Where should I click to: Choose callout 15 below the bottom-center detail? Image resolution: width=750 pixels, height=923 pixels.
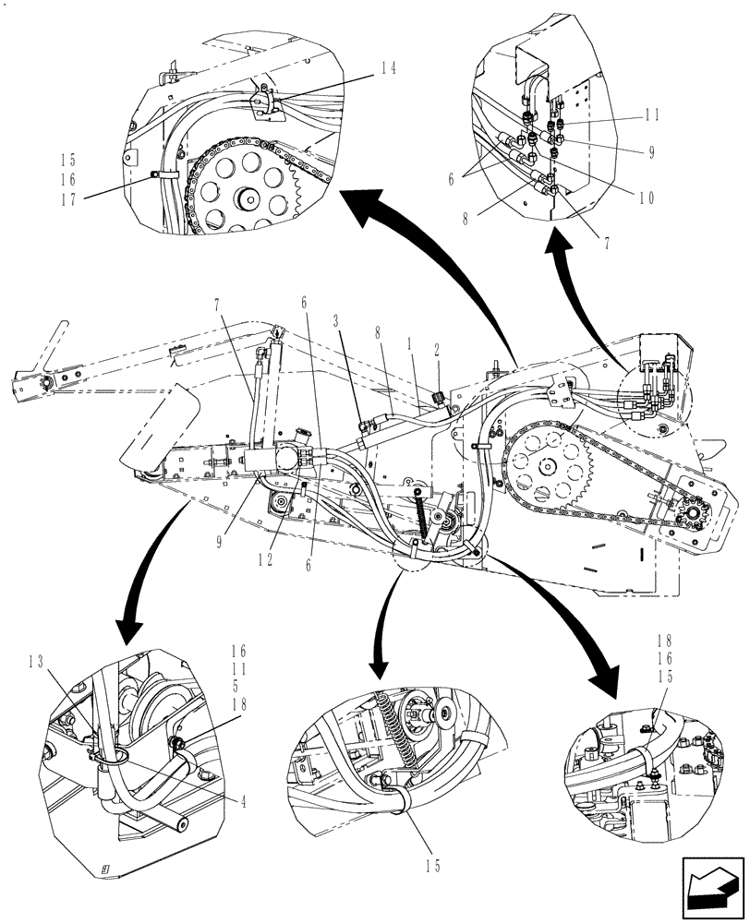(x=435, y=866)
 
